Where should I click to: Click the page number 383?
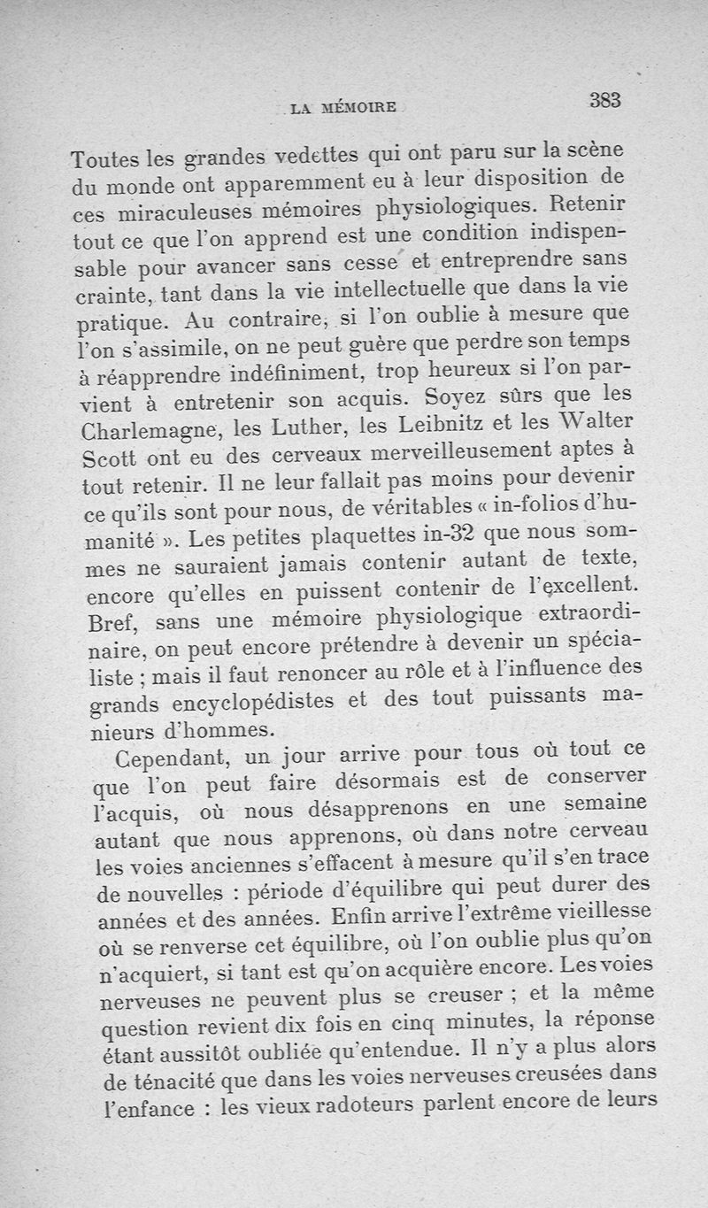tap(605, 100)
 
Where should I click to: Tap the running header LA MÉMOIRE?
tap(344, 110)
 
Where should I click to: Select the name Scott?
tap(107, 460)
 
